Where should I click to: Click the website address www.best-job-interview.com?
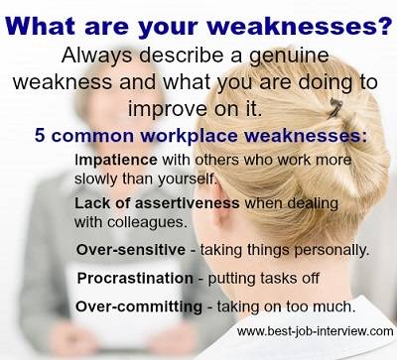pos(315,333)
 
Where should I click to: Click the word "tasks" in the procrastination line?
pos(269,279)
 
